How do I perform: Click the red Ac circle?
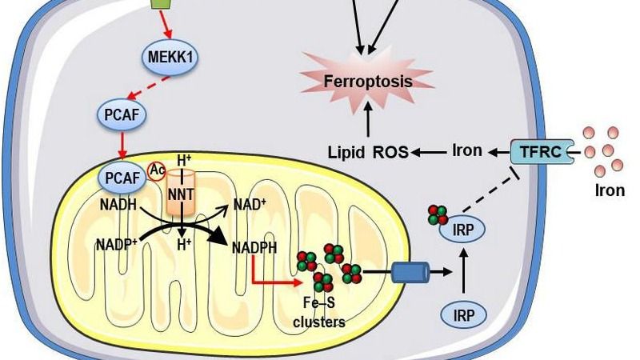157,169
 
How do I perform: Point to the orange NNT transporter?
182,193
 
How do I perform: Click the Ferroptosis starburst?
367,81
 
